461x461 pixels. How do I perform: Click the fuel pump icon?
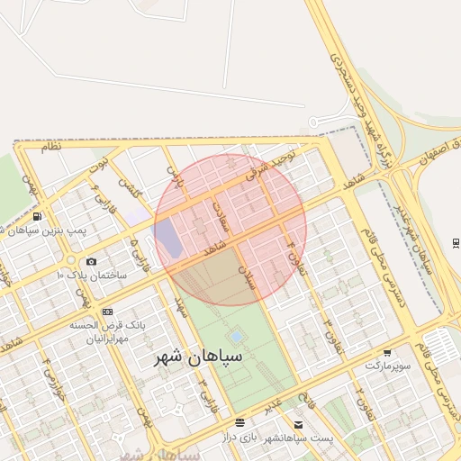click(x=36, y=217)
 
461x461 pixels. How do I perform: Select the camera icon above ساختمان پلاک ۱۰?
click(x=91, y=261)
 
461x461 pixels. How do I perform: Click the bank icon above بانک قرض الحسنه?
click(x=108, y=312)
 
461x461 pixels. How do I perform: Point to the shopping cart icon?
click(x=387, y=353)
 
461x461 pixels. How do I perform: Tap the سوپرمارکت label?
click(x=387, y=366)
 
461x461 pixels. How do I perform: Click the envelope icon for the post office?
click(x=298, y=425)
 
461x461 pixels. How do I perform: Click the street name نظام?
click(x=50, y=147)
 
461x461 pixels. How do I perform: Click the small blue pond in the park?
click(x=235, y=338)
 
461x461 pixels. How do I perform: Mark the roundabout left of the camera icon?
click(x=69, y=260)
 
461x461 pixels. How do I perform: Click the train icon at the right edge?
click(x=456, y=243)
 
